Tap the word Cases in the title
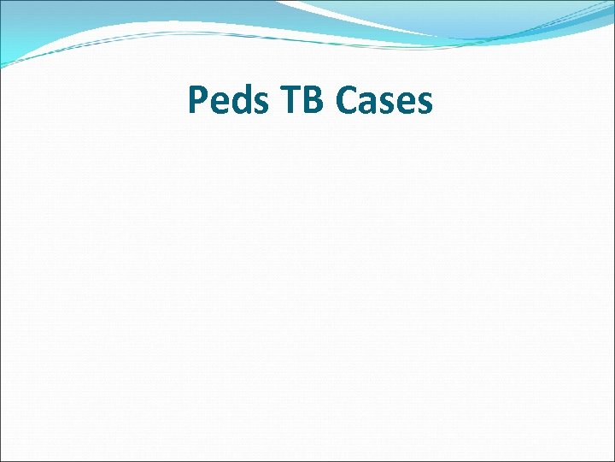(x=384, y=101)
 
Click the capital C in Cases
(x=348, y=101)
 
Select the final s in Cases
(x=425, y=104)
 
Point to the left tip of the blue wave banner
(x=4, y=63)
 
